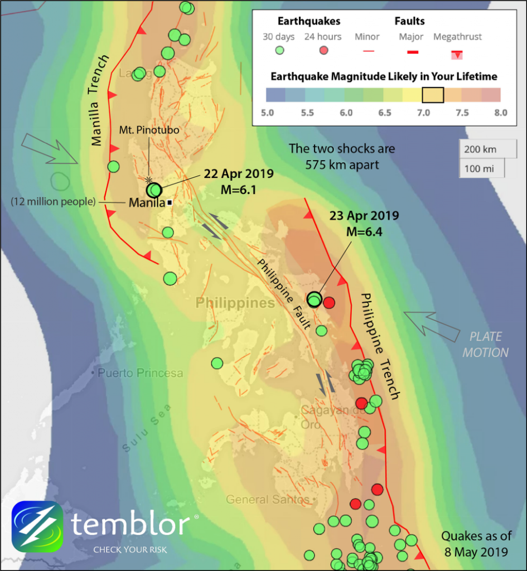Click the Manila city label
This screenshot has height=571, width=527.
pyautogui.click(x=146, y=202)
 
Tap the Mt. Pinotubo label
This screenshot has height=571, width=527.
pyautogui.click(x=149, y=130)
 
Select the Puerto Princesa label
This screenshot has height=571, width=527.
pyautogui.click(x=140, y=373)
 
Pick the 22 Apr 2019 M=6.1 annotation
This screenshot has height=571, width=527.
pyautogui.click(x=239, y=182)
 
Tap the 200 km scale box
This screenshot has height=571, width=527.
pyautogui.click(x=481, y=149)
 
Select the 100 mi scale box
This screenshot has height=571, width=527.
pyautogui.click(x=481, y=168)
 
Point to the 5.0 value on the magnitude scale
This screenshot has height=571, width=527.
pyautogui.click(x=268, y=113)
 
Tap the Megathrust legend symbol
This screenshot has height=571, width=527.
pyautogui.click(x=457, y=54)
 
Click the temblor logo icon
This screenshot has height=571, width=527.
pyautogui.click(x=37, y=526)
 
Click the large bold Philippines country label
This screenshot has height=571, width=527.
pyautogui.click(x=235, y=303)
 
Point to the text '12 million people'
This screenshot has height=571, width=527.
pyautogui.click(x=53, y=201)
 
